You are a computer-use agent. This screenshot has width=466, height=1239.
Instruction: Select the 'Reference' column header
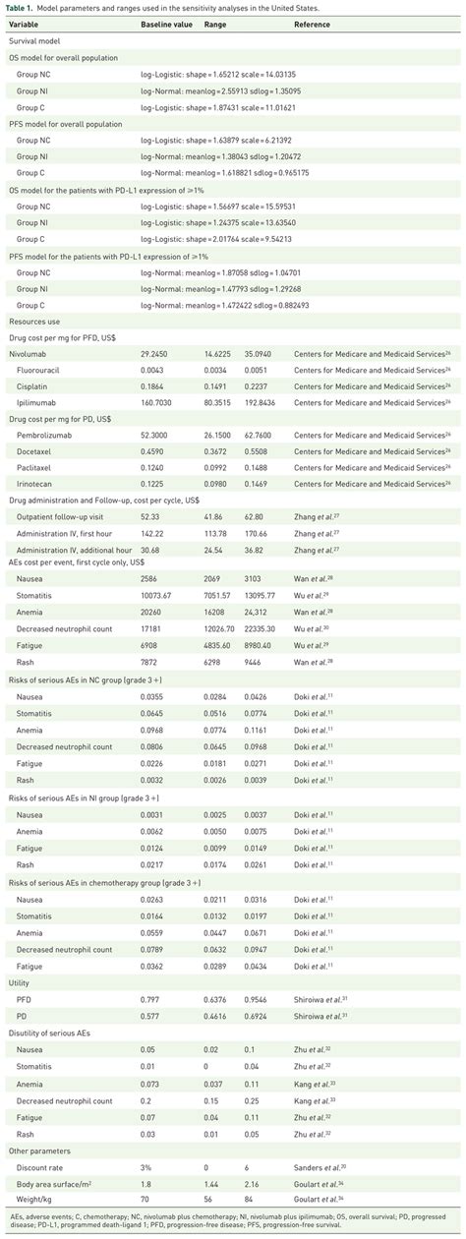click(312, 24)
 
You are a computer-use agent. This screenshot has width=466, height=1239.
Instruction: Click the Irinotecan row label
click(34, 483)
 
